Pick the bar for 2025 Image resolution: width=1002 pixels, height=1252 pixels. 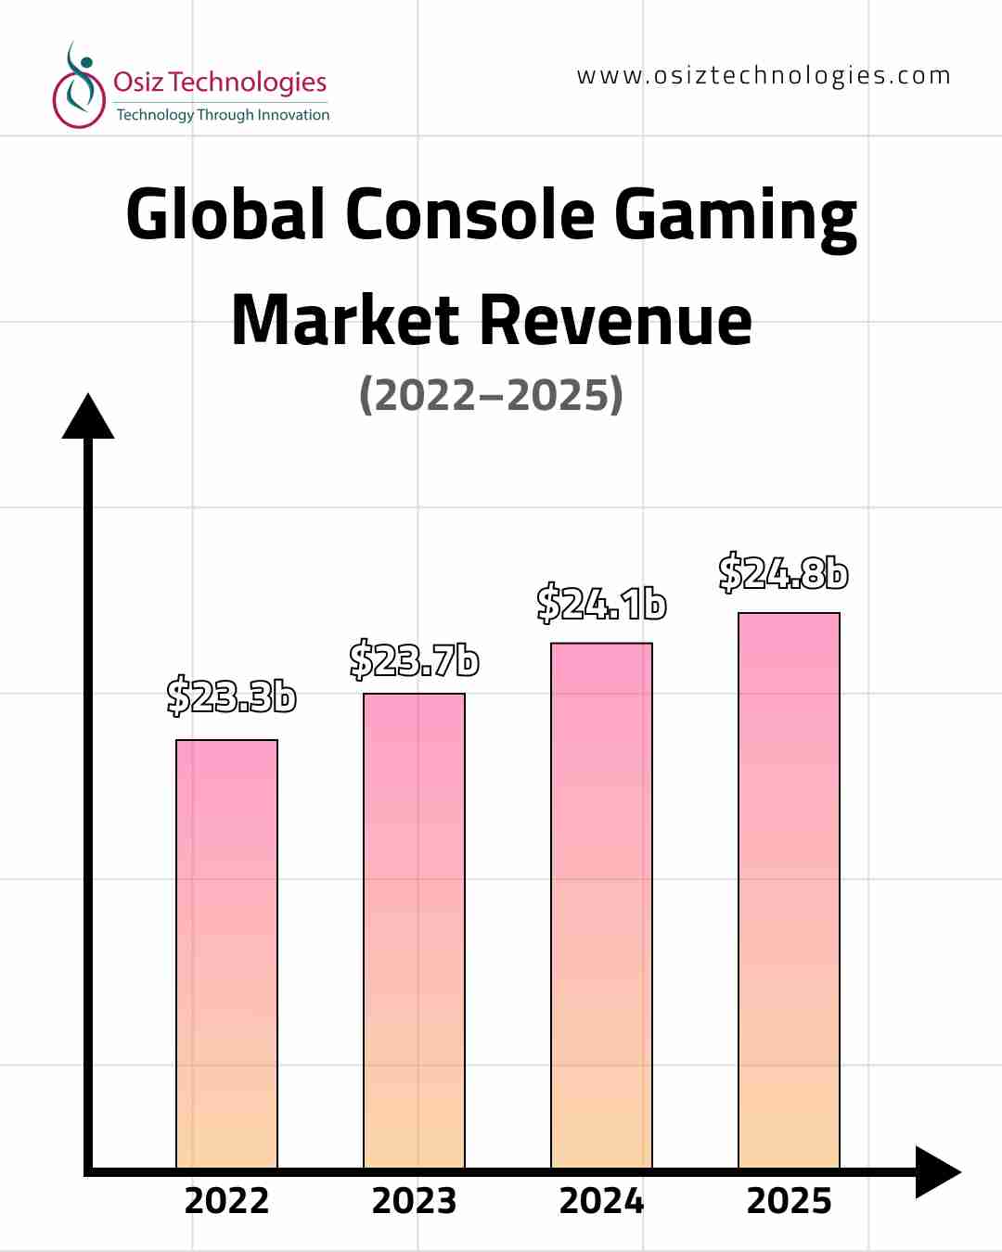pyautogui.click(x=789, y=890)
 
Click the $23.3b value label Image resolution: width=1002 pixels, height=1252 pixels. pyautogui.click(x=231, y=696)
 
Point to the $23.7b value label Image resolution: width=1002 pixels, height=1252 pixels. pyautogui.click(x=414, y=659)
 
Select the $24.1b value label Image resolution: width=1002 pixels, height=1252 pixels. pyautogui.click(x=601, y=604)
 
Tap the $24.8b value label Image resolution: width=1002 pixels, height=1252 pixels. pyautogui.click(x=783, y=572)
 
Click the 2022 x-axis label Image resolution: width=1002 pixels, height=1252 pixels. pyautogui.click(x=226, y=1201)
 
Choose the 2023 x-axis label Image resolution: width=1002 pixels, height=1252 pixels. pyautogui.click(x=414, y=1201)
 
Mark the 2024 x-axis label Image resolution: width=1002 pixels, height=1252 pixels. pyautogui.click(x=601, y=1201)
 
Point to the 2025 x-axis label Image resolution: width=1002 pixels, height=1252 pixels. pyautogui.click(x=789, y=1201)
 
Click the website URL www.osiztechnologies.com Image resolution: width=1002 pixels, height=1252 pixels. pyautogui.click(x=764, y=76)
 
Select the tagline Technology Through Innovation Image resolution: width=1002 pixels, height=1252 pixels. pyautogui.click(x=223, y=115)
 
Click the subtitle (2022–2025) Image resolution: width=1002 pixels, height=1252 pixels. pyautogui.click(x=491, y=395)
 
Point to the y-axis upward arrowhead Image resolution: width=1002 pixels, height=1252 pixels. pyautogui.click(x=88, y=417)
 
